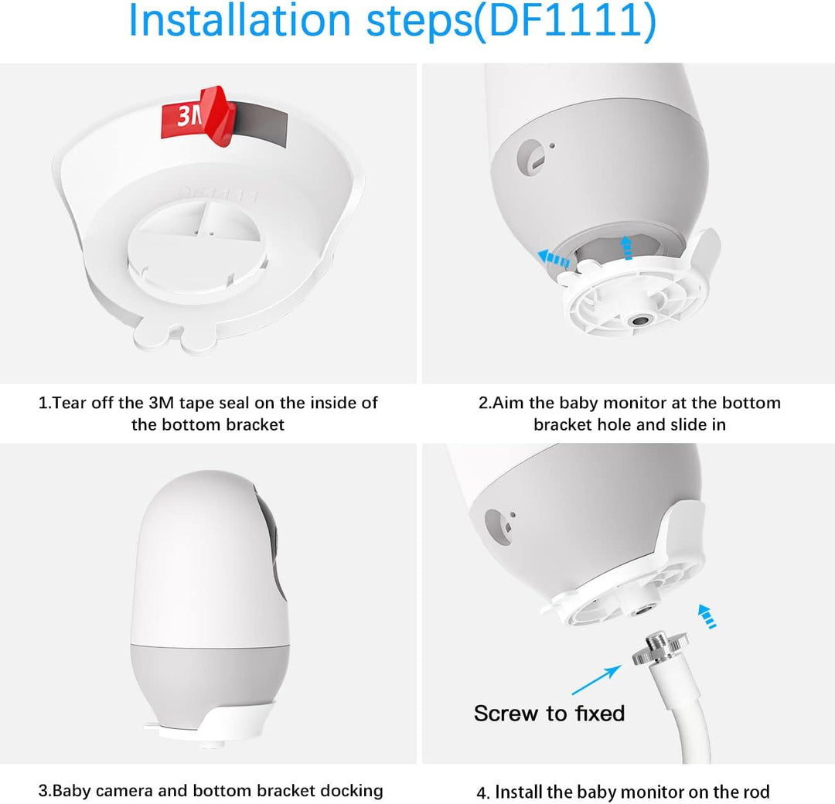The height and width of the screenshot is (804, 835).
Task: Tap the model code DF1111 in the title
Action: [x=556, y=22]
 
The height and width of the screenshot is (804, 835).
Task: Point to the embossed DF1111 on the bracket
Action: [x=219, y=193]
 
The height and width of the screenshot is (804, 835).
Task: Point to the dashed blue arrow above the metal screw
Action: [x=705, y=616]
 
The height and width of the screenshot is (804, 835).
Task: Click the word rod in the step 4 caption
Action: [x=755, y=792]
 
